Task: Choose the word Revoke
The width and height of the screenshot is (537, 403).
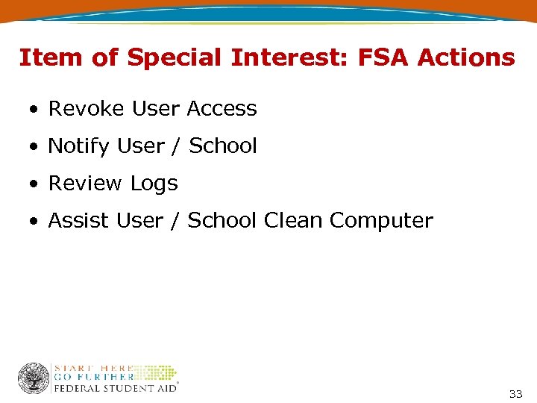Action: (x=87, y=109)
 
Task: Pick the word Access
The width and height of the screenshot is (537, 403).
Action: (x=222, y=109)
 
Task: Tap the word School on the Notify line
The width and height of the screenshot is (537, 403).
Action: (x=223, y=146)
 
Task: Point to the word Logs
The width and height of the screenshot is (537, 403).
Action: (x=154, y=184)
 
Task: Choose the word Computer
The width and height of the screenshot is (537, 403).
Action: (x=381, y=221)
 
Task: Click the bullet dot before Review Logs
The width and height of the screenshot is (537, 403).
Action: (x=34, y=184)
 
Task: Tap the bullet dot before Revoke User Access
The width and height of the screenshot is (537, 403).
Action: (x=34, y=110)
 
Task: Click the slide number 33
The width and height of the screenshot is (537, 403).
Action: (x=515, y=393)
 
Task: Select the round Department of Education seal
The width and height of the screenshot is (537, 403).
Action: (x=34, y=378)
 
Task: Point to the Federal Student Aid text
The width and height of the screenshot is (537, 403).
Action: (x=115, y=387)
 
